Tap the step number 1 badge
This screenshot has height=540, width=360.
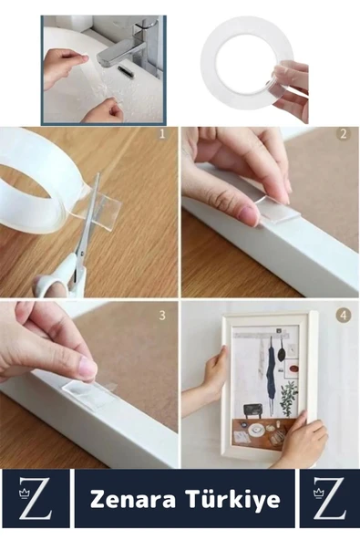click(162, 134)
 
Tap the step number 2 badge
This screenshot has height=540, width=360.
click(343, 134)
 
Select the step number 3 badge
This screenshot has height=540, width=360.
click(162, 316)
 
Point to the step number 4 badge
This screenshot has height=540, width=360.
click(343, 316)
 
